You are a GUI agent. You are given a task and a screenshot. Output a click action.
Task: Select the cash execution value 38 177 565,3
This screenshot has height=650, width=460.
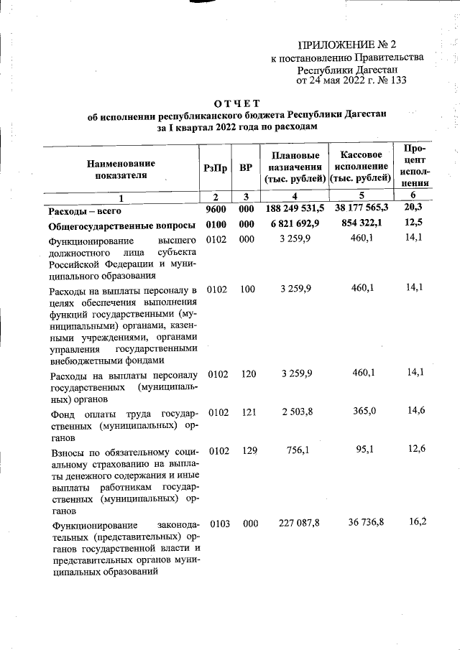(x=360, y=208)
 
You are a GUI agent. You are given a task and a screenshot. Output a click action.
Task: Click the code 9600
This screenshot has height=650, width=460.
(x=216, y=210)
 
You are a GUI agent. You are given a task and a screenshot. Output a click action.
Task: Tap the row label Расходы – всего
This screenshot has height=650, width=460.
(x=85, y=210)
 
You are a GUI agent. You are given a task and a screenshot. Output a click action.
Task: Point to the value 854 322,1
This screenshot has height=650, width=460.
(x=360, y=226)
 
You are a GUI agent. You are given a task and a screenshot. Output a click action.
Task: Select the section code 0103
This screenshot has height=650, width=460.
(x=217, y=524)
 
